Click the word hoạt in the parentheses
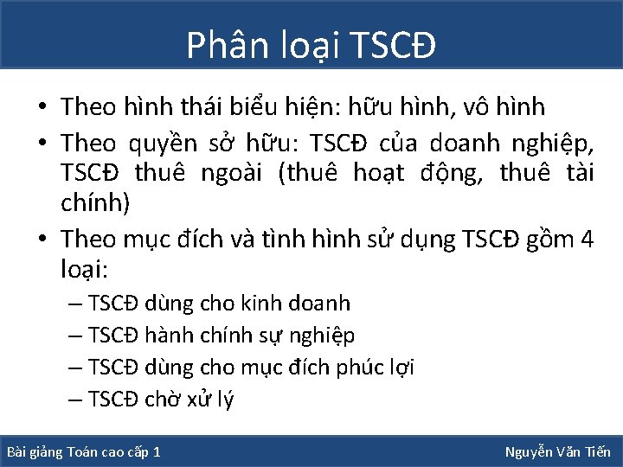pyautogui.click(x=383, y=173)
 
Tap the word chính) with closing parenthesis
pyautogui.click(x=96, y=205)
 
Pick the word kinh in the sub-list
pyautogui.click(x=260, y=303)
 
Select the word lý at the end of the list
pyautogui.click(x=222, y=400)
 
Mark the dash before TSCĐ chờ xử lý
pyautogui.click(x=74, y=399)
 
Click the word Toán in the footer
pyautogui.click(x=81, y=452)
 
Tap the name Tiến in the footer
pyautogui.click(x=595, y=451)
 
